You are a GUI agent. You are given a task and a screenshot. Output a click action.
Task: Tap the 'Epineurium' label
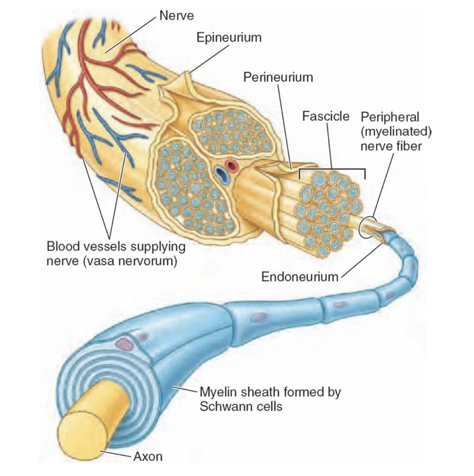pos(229,38)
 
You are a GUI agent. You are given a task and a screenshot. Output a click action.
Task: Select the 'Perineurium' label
pos(278,77)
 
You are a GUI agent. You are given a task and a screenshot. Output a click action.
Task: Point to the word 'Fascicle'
pos(325,116)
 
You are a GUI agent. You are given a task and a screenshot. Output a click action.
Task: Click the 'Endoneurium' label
pos(300,277)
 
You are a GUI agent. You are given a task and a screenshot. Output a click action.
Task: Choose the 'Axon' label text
pos(148,456)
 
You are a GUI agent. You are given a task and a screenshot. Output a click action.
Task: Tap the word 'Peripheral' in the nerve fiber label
pos(390,117)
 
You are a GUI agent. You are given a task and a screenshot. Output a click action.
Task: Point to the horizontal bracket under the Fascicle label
pos(332,170)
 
